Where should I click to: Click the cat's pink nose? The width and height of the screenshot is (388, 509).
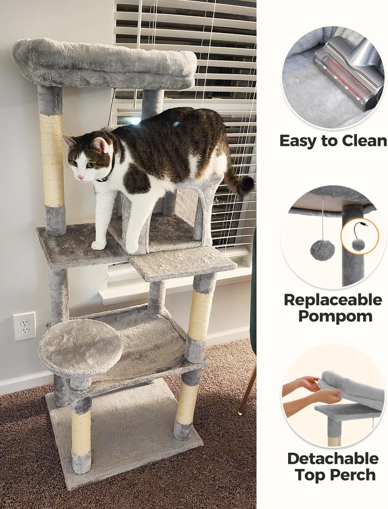pyautogui.click(x=81, y=177)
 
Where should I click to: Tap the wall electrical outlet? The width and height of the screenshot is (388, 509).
pyautogui.click(x=24, y=326)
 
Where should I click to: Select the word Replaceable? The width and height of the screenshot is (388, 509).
pyautogui.click(x=333, y=300)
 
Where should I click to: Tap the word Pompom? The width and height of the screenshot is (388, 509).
pyautogui.click(x=335, y=316)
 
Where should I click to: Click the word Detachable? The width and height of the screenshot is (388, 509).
pyautogui.click(x=333, y=459)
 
